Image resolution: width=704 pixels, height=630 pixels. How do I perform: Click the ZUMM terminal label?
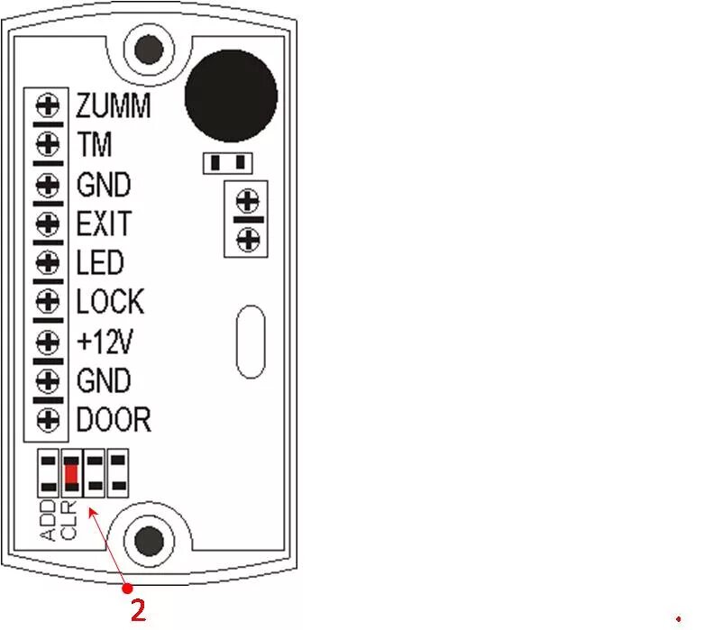pyautogui.click(x=113, y=106)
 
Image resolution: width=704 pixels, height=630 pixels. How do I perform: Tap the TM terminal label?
pyautogui.click(x=95, y=144)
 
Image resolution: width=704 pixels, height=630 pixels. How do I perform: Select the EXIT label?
pyautogui.click(x=104, y=224)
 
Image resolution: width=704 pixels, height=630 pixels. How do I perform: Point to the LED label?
pyautogui.click(x=100, y=263)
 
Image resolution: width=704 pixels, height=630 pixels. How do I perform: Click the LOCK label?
pyautogui.click(x=110, y=302)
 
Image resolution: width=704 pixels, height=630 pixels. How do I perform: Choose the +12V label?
pyautogui.click(x=105, y=342)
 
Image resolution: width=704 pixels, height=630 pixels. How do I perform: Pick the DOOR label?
pyautogui.click(x=114, y=420)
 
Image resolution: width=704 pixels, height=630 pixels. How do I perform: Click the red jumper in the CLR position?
pyautogui.click(x=71, y=473)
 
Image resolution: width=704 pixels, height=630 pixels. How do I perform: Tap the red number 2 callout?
pyautogui.click(x=138, y=610)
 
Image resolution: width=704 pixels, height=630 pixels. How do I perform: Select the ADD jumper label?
pyautogui.click(x=49, y=521)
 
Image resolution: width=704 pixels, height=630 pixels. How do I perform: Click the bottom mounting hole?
pyautogui.click(x=150, y=541)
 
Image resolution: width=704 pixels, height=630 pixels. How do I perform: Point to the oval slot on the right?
pyautogui.click(x=251, y=342)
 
